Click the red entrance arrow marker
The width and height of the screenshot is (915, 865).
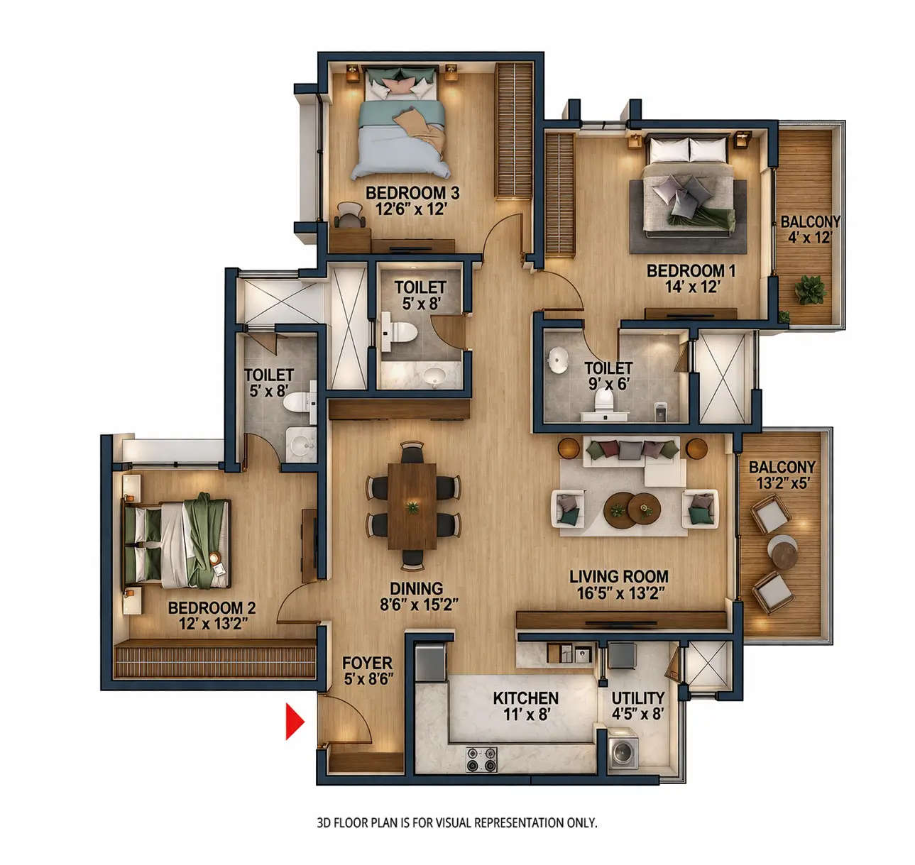point(294,722)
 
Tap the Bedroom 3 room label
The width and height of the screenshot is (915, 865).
point(412,193)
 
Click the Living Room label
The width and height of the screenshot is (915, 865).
point(618,577)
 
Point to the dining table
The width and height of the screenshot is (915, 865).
point(412,505)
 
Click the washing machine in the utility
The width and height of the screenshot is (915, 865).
point(624,751)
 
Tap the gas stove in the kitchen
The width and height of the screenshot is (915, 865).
point(481,759)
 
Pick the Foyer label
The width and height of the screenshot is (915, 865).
point(367,663)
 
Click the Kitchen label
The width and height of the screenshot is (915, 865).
point(525,698)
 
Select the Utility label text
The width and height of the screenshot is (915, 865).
point(638,698)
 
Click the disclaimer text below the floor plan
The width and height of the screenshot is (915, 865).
point(456,823)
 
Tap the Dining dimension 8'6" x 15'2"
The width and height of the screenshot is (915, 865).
point(419,605)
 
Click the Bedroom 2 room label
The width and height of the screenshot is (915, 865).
point(212,608)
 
